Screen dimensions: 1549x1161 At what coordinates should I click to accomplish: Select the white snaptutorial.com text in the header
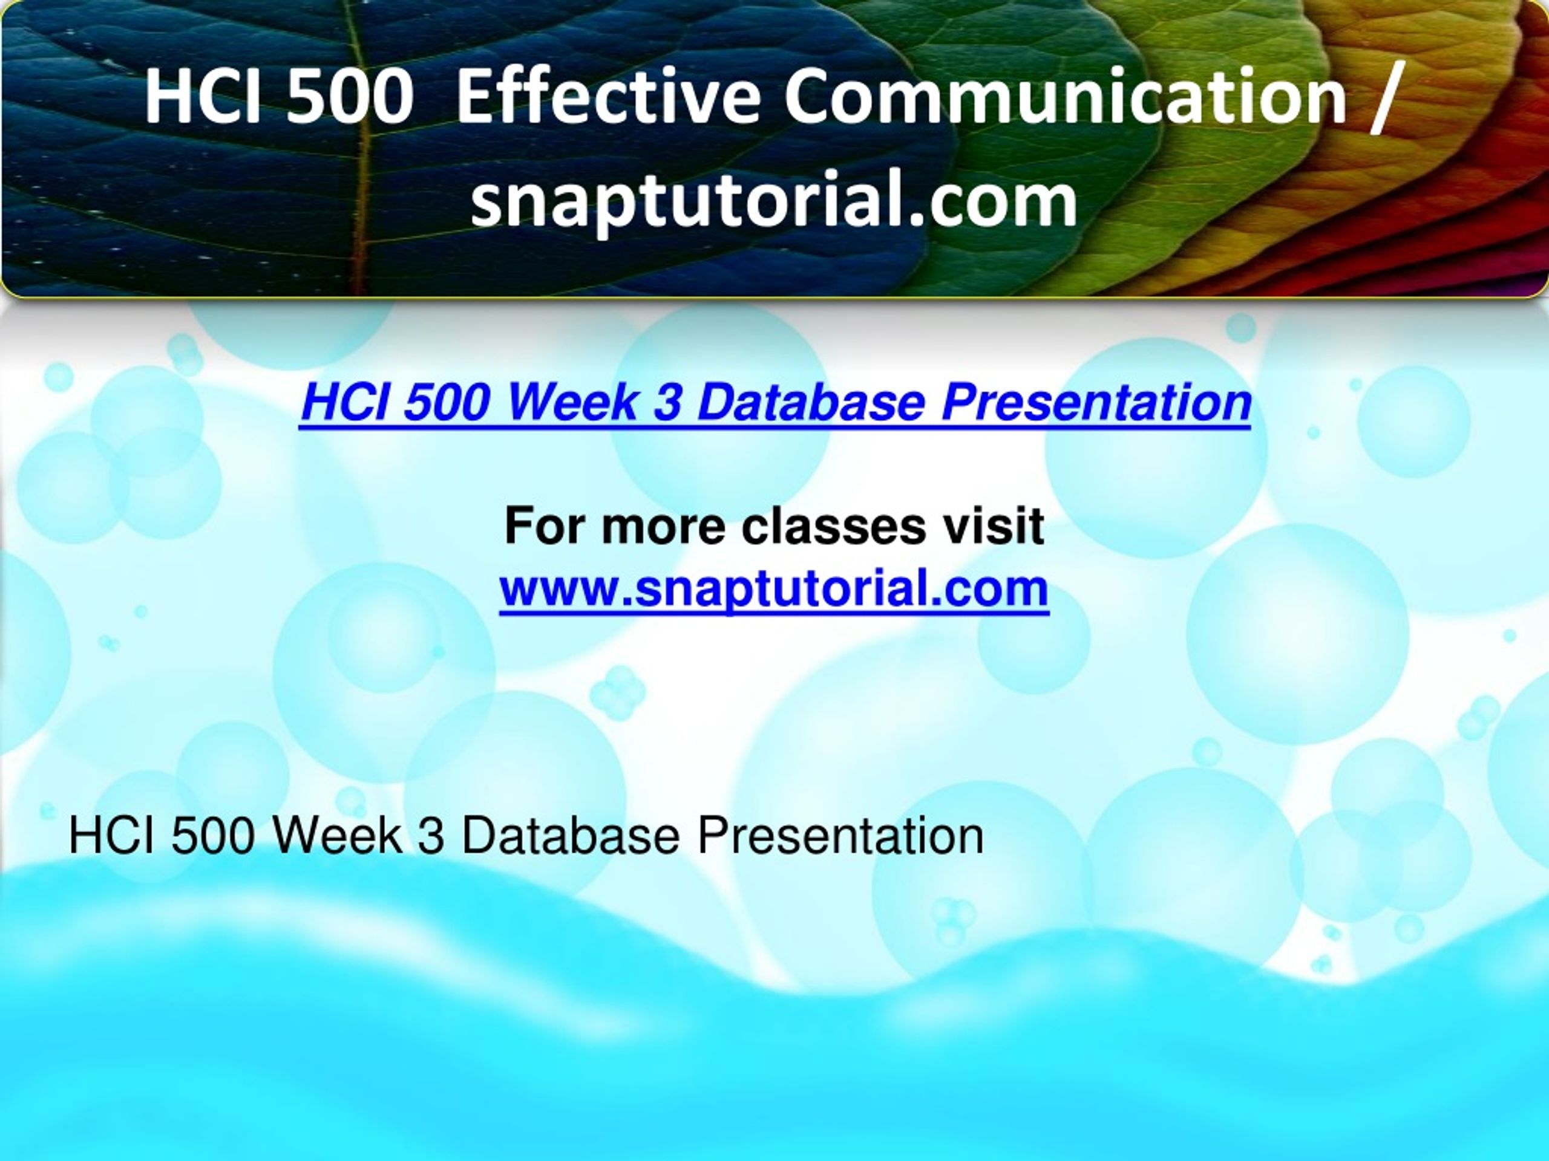(774, 202)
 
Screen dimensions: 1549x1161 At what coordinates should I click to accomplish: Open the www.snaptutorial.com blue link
(774, 589)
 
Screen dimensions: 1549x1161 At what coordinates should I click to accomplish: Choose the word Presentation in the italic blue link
(1096, 405)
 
